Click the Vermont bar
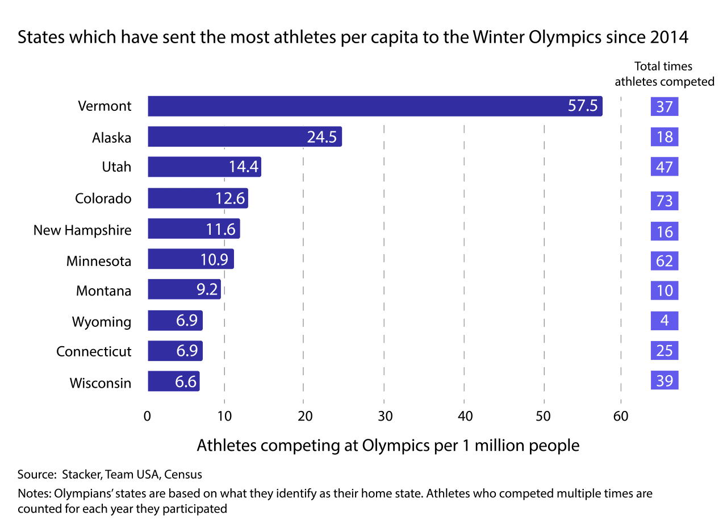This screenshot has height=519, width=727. [375, 106]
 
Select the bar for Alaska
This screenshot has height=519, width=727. [245, 137]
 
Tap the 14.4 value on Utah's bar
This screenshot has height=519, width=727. [244, 167]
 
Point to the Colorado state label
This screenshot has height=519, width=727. [103, 198]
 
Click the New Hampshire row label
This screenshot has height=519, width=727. [82, 230]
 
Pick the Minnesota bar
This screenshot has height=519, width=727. [191, 259]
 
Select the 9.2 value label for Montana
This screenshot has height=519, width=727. [207, 289]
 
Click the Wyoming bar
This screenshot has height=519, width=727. [175, 321]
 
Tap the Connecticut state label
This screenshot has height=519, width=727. [94, 351]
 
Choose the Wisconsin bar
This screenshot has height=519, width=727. [173, 381]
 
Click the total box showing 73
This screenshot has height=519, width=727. [665, 201]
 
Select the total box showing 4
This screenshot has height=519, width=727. [665, 321]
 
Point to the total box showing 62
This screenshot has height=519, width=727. [665, 261]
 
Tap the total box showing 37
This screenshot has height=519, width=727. [665, 106]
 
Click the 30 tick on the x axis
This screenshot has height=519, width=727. [385, 416]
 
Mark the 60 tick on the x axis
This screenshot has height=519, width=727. [621, 416]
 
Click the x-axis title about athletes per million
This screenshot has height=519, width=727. [388, 445]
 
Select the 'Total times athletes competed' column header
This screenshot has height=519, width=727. [664, 74]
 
